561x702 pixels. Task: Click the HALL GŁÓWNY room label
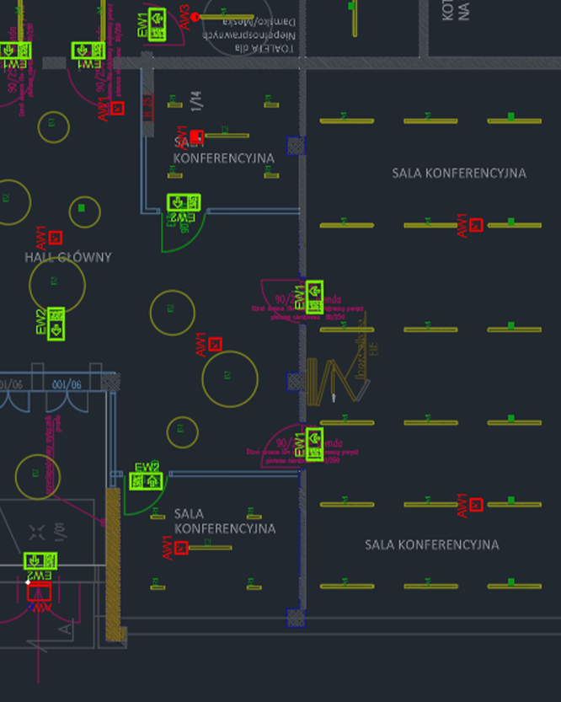[x=67, y=257]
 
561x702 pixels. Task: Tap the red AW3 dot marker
[x=195, y=17]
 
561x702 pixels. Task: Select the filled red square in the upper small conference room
[x=197, y=136]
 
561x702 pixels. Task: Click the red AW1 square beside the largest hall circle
[x=215, y=344]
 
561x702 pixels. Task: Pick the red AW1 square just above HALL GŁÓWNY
[x=56, y=238]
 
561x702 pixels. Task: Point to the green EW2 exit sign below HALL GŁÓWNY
[x=56, y=324]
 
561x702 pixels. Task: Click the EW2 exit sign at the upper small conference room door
[x=183, y=203]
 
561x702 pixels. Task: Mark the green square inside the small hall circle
[x=82, y=207]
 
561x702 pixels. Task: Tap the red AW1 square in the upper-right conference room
[x=476, y=225]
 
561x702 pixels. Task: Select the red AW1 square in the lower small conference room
[x=181, y=548]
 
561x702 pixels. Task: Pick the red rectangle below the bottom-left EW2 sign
[x=39, y=592]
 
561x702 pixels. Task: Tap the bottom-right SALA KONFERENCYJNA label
[x=431, y=544]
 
